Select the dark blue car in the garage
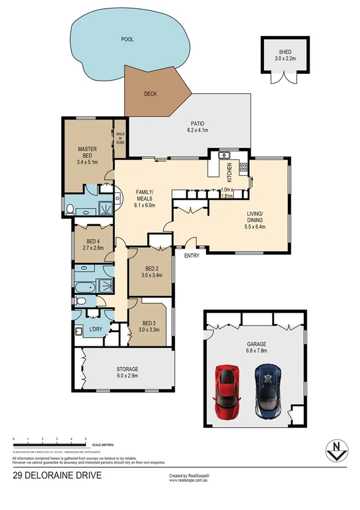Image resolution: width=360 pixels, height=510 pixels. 266,392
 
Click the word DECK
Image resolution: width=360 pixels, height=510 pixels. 150,94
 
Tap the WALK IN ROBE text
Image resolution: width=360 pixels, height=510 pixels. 120,138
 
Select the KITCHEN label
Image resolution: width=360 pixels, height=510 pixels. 229,173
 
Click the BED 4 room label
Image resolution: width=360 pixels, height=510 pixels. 89,244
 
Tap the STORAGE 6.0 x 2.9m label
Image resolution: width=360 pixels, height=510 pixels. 127,372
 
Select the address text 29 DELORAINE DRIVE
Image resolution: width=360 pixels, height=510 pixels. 57,476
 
